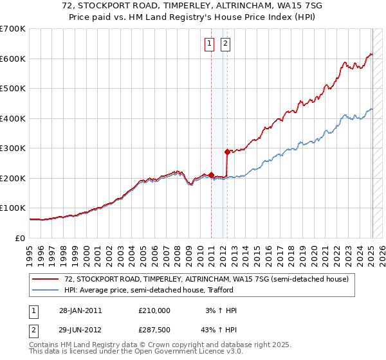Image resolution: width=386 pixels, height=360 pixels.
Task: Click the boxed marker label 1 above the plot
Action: tap(210, 44)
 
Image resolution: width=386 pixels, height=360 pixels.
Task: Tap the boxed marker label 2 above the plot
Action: tap(226, 44)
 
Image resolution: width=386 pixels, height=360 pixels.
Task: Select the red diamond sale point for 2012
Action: tap(227, 152)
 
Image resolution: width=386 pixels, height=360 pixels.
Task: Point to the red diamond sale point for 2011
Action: tap(211, 175)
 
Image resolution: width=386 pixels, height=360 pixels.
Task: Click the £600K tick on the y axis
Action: tap(13, 59)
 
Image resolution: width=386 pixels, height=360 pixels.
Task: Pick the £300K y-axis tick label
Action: tap(13, 148)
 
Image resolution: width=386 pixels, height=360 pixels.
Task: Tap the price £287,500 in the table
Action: tap(154, 328)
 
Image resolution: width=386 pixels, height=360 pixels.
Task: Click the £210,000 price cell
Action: tap(154, 310)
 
